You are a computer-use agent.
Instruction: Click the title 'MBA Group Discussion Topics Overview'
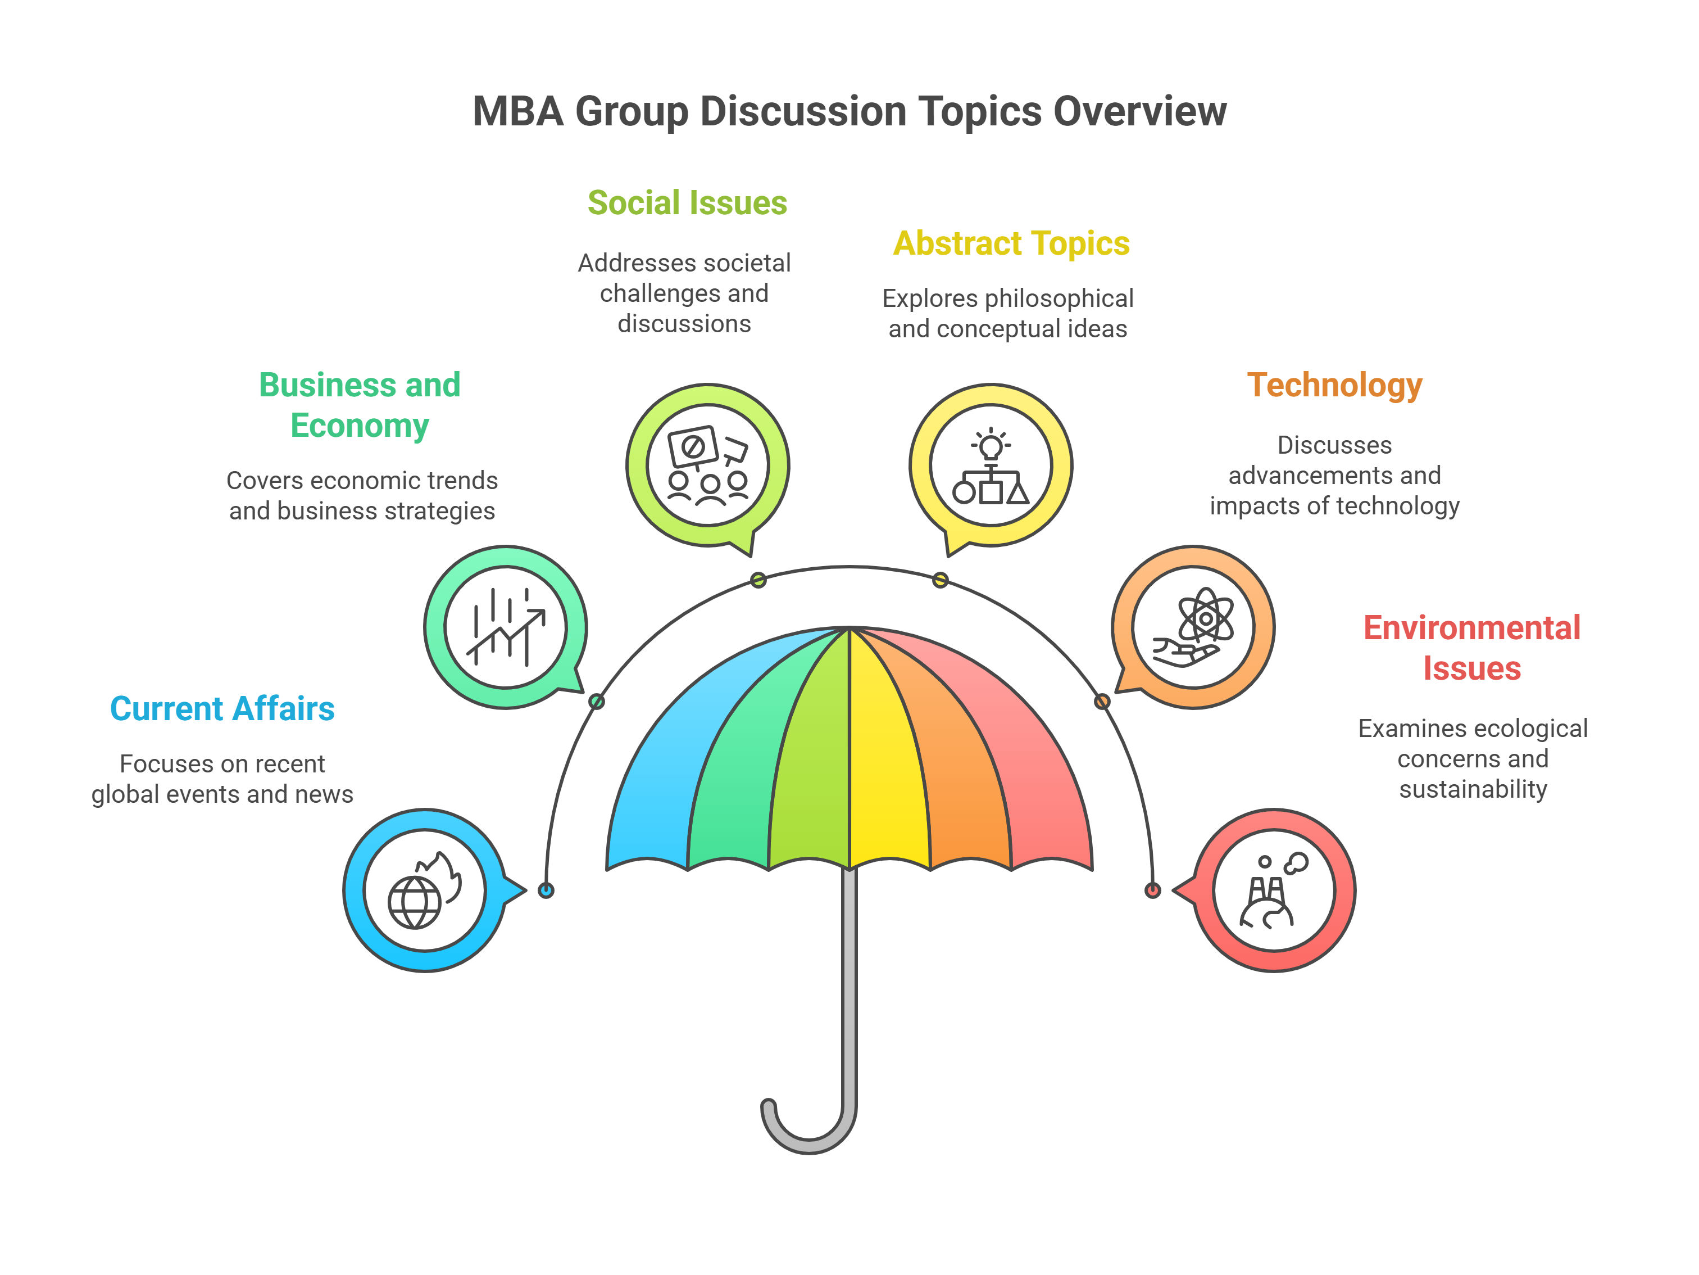849,111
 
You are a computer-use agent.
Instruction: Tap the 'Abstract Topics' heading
1011,243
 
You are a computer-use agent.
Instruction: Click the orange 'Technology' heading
1334,385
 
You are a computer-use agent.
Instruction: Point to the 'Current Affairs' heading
222,708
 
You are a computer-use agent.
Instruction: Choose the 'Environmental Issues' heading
1471,648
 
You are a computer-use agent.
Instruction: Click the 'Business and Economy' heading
360,405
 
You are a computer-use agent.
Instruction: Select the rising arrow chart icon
506,627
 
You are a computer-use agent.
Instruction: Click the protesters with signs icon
707,465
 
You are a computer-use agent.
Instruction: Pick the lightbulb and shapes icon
991,465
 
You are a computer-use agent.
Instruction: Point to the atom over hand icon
1193,627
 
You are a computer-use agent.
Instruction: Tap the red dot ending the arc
1152,890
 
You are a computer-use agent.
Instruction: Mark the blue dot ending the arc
546,890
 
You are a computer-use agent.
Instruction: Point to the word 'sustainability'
1473,789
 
